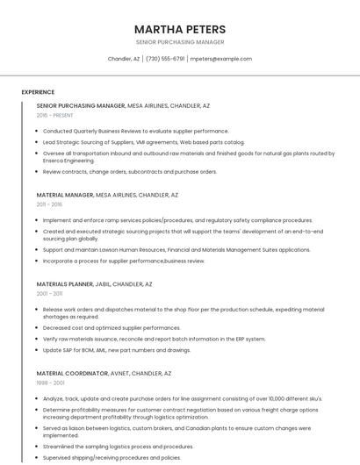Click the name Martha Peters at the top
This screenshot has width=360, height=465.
[x=180, y=29]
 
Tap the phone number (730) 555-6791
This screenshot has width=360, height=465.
[x=165, y=59]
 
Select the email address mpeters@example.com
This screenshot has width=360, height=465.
[x=221, y=59]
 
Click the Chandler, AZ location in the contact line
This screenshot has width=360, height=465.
[x=124, y=59]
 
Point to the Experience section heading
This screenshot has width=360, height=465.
[x=38, y=91]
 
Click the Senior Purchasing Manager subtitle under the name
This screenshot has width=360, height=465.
[x=180, y=42]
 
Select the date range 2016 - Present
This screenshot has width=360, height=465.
[x=55, y=115]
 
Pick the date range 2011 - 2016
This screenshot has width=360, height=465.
[x=49, y=204]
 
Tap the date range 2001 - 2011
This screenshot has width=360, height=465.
[x=49, y=294]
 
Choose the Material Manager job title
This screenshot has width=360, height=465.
[x=65, y=195]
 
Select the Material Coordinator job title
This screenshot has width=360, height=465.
[x=73, y=373]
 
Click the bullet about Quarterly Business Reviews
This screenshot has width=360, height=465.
[x=135, y=131]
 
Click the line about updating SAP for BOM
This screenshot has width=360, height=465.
[x=117, y=350]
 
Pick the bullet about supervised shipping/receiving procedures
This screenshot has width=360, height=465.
[x=112, y=457]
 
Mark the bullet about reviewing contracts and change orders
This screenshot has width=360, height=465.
[x=129, y=172]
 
